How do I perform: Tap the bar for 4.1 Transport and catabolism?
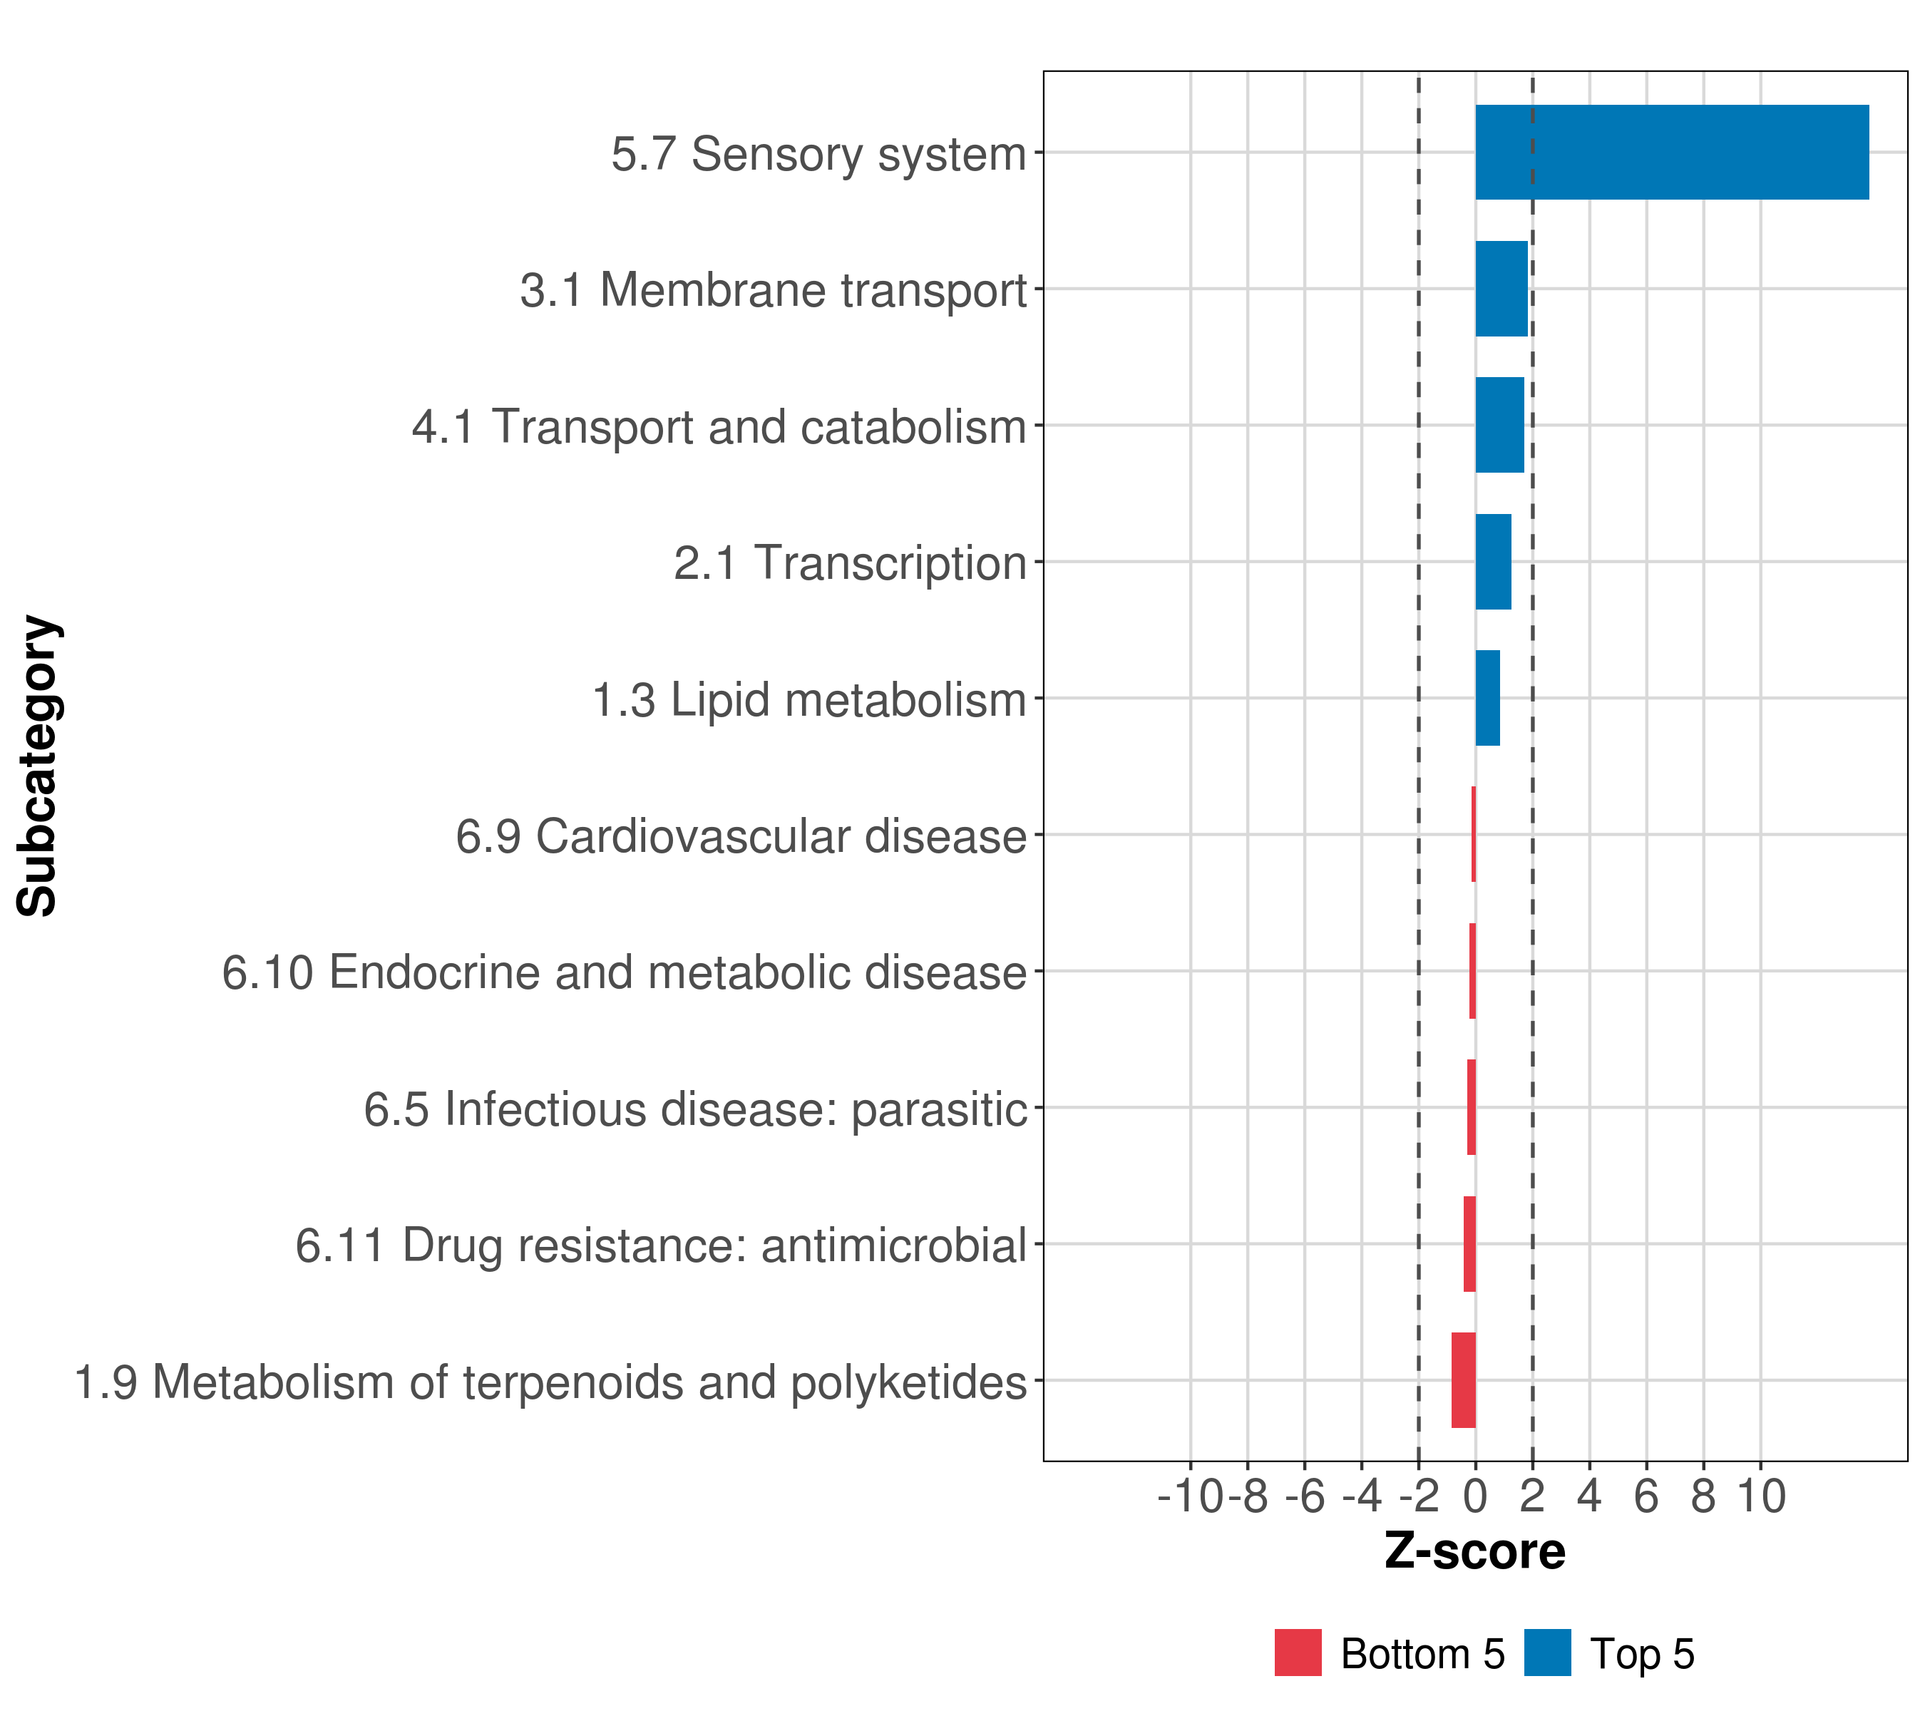point(1499,425)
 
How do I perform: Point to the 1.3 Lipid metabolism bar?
point(1487,698)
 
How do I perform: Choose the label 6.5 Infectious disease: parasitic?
point(694,1109)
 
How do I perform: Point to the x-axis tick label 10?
point(1761,1496)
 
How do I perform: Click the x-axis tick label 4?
point(1590,1496)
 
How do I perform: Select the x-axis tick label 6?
point(1646,1496)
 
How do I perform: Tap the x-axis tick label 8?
point(1703,1496)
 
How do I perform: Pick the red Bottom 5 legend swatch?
point(1298,1653)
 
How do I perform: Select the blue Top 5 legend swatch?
point(1547,1653)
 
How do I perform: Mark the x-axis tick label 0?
point(1475,1496)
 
